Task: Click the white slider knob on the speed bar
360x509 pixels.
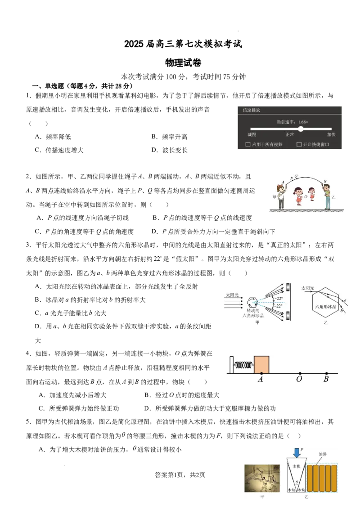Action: (301, 129)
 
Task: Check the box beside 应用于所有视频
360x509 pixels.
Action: (248, 144)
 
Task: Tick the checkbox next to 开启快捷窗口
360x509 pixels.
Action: (299, 144)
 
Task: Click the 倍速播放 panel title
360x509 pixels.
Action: (252, 110)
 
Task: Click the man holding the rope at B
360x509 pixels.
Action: (327, 196)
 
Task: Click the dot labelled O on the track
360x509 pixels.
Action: (300, 374)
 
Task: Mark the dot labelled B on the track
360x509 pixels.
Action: (327, 374)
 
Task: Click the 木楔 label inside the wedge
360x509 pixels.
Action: (296, 466)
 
